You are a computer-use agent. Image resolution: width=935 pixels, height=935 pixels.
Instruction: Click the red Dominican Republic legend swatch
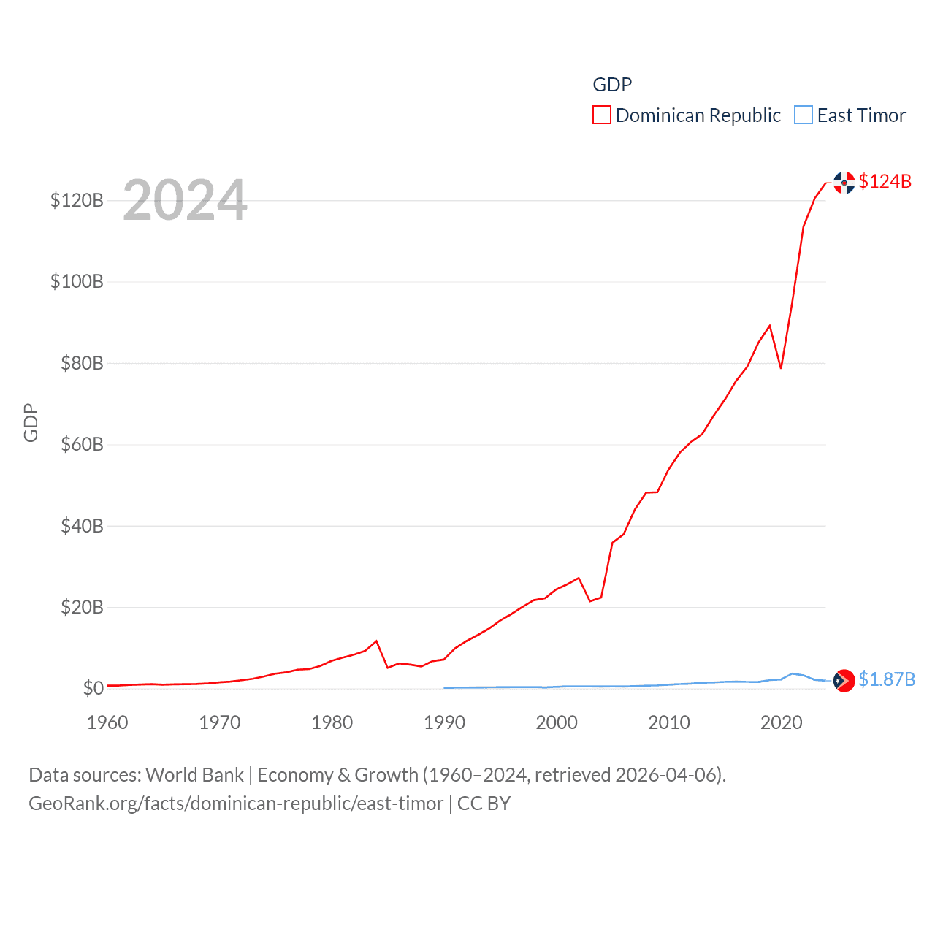pyautogui.click(x=601, y=115)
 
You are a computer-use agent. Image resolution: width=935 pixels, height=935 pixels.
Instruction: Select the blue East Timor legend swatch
pyautogui.click(x=803, y=115)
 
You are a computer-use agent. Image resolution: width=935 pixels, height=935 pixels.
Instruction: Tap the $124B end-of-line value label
pyautogui.click(x=885, y=181)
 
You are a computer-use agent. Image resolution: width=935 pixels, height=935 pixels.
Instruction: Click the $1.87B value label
pyautogui.click(x=886, y=679)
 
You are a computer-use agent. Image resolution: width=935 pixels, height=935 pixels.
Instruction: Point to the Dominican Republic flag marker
pyautogui.click(x=844, y=183)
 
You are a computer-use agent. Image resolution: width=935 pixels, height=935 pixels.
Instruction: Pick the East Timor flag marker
pyautogui.click(x=844, y=680)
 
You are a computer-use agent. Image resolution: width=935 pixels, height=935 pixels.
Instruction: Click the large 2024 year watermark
pyautogui.click(x=185, y=200)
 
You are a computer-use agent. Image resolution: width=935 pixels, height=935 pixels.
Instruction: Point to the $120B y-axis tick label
pyautogui.click(x=77, y=200)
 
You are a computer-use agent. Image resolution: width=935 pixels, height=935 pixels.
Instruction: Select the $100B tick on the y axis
pyautogui.click(x=77, y=281)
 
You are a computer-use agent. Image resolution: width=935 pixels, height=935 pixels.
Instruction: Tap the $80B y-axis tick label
pyautogui.click(x=82, y=363)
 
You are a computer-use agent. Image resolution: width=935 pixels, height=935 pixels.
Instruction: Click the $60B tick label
pyautogui.click(x=82, y=444)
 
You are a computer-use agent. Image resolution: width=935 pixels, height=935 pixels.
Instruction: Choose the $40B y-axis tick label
pyautogui.click(x=82, y=526)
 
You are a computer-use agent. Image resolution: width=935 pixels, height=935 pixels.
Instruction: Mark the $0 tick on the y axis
pyautogui.click(x=93, y=688)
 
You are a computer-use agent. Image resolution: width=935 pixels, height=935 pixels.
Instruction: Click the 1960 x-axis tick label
pyautogui.click(x=107, y=722)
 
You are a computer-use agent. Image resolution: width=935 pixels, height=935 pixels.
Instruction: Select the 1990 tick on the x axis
pyautogui.click(x=444, y=722)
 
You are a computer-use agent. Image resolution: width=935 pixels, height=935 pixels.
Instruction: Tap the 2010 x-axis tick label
pyautogui.click(x=669, y=722)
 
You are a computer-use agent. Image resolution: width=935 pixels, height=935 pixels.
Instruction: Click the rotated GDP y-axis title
pyautogui.click(x=31, y=422)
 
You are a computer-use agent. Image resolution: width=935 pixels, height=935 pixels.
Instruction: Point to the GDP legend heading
pyautogui.click(x=612, y=85)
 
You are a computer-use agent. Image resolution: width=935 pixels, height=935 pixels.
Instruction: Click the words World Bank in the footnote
pyautogui.click(x=195, y=775)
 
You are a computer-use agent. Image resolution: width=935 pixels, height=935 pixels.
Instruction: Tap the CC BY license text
pyautogui.click(x=484, y=804)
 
